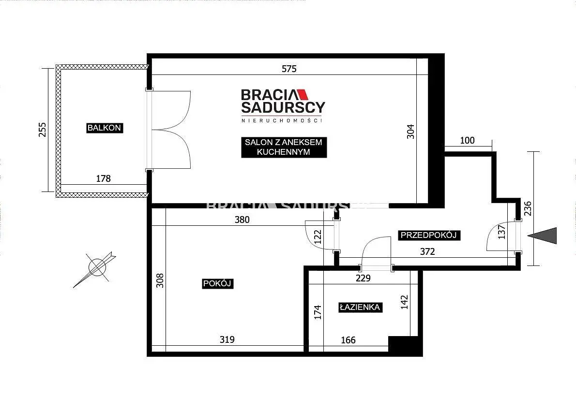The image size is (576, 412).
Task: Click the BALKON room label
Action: [x=105, y=128]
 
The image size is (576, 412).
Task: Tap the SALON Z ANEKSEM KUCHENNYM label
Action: [x=284, y=147]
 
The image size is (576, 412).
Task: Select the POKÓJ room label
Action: [x=217, y=283]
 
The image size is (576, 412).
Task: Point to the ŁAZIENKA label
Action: [x=360, y=308]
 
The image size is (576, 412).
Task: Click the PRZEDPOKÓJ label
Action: [x=429, y=235]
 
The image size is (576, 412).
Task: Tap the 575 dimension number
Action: [x=289, y=69]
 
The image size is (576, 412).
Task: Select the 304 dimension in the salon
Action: [x=410, y=132]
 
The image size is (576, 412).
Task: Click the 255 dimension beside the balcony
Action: [x=43, y=130]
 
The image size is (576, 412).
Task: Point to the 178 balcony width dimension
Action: [x=103, y=178]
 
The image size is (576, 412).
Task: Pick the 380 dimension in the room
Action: [x=242, y=220]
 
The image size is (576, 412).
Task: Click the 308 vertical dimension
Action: [x=160, y=280]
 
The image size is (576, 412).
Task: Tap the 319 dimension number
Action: [x=227, y=340]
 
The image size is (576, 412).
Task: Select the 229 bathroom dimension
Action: [x=363, y=279]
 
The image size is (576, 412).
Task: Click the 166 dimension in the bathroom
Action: [x=348, y=340]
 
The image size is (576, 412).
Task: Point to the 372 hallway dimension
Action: [x=427, y=251]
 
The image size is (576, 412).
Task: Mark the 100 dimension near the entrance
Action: [x=467, y=141]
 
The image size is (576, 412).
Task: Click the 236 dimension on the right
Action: [x=528, y=208]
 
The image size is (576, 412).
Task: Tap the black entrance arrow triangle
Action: [x=545, y=235]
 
